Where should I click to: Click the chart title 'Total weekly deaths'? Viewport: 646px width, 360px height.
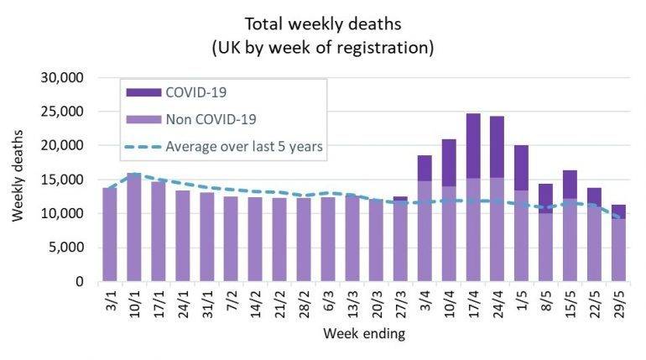click(x=323, y=23)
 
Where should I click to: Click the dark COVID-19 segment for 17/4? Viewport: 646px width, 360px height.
click(x=473, y=146)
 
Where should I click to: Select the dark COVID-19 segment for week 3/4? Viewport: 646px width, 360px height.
click(x=425, y=168)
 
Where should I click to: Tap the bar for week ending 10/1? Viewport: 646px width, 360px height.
click(x=133, y=227)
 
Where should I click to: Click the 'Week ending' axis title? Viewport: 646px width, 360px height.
click(x=364, y=334)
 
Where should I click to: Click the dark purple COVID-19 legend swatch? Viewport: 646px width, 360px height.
click(x=138, y=91)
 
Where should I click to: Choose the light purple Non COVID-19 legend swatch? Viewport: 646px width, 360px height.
click(x=138, y=119)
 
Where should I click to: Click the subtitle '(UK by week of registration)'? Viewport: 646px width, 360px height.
click(x=323, y=47)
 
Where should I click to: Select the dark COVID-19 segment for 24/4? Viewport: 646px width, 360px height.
click(x=498, y=147)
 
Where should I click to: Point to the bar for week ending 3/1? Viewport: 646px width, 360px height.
click(x=109, y=234)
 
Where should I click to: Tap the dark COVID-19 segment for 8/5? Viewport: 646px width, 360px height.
click(x=546, y=198)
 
